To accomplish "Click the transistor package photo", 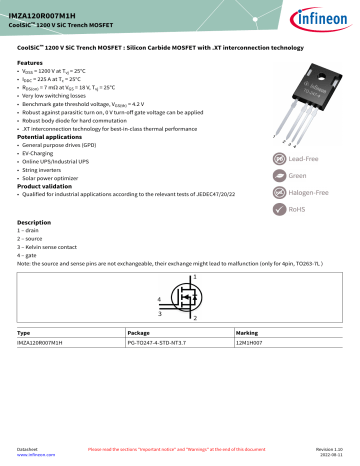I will pyautogui.click(x=304, y=95).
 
